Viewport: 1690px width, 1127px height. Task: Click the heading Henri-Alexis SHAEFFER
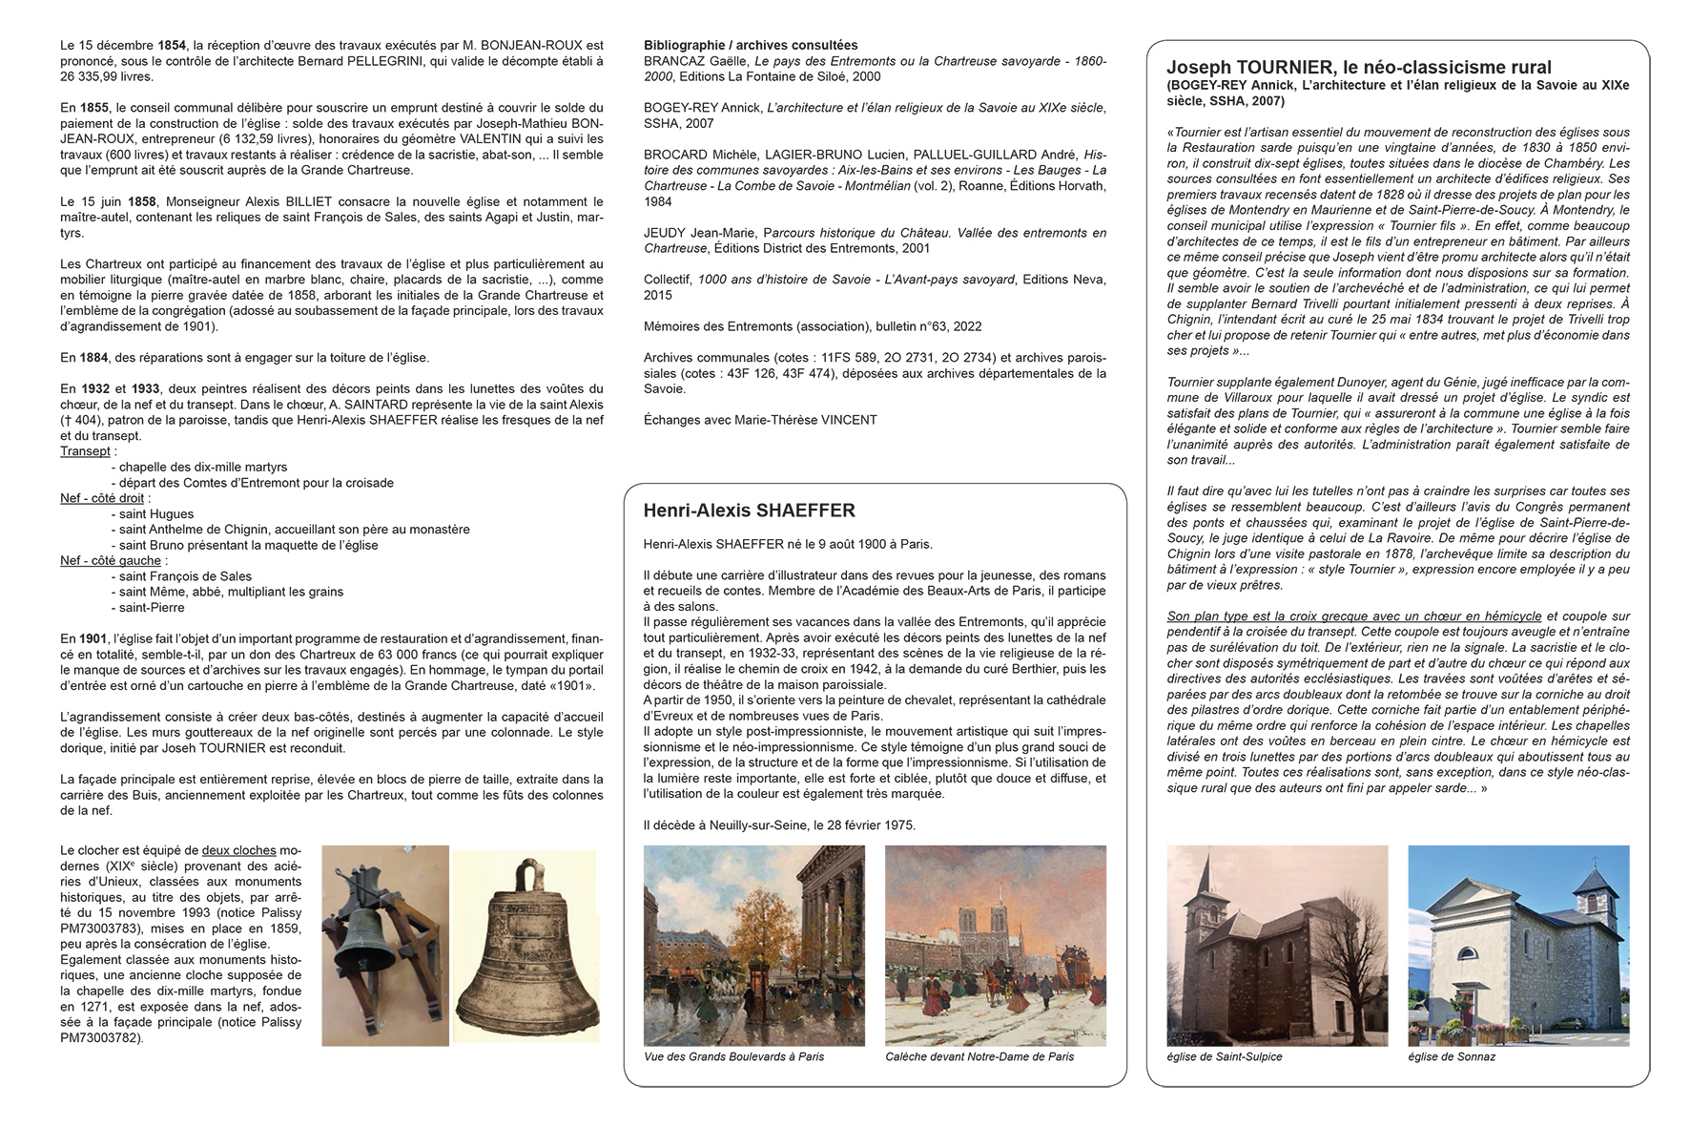(x=749, y=511)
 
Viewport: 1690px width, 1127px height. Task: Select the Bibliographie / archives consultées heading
(x=750, y=45)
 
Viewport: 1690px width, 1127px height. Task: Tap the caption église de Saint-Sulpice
(x=1224, y=1056)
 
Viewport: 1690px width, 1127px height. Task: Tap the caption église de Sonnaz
(x=1451, y=1056)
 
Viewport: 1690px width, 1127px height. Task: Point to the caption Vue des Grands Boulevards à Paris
(x=733, y=1056)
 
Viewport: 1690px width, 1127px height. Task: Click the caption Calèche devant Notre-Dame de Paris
(x=979, y=1056)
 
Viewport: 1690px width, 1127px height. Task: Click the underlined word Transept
(x=85, y=451)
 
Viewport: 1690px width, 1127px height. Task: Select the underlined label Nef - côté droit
(x=102, y=498)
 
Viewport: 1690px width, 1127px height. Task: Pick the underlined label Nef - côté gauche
(x=110, y=560)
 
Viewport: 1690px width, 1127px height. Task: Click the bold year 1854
(x=173, y=45)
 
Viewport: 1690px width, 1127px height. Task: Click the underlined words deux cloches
(x=238, y=850)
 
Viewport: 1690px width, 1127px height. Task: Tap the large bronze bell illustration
(x=526, y=954)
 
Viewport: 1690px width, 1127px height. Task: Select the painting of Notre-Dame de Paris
(x=995, y=945)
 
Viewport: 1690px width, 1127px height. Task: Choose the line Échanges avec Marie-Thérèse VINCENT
(x=760, y=420)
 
